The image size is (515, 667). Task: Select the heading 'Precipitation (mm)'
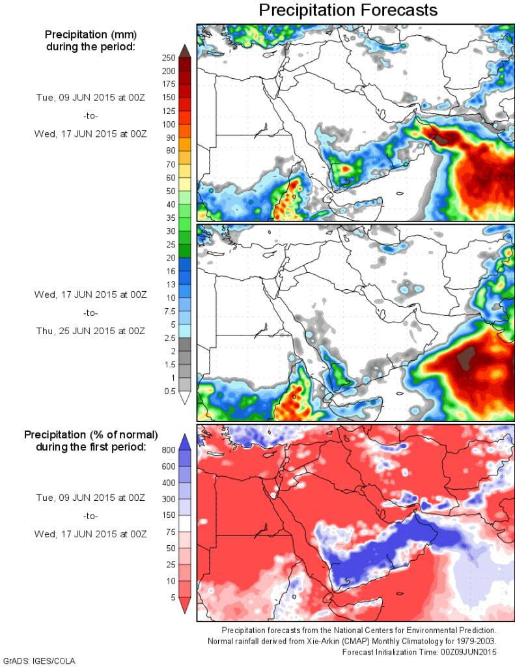[x=90, y=34]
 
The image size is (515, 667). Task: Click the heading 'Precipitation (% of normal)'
[x=90, y=434]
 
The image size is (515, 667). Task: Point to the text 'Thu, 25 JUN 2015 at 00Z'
[x=90, y=331]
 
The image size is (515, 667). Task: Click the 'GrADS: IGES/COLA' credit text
[x=40, y=660]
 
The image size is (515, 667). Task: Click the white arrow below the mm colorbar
[x=184, y=398]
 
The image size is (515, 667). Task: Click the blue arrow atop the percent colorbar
[x=184, y=441]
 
